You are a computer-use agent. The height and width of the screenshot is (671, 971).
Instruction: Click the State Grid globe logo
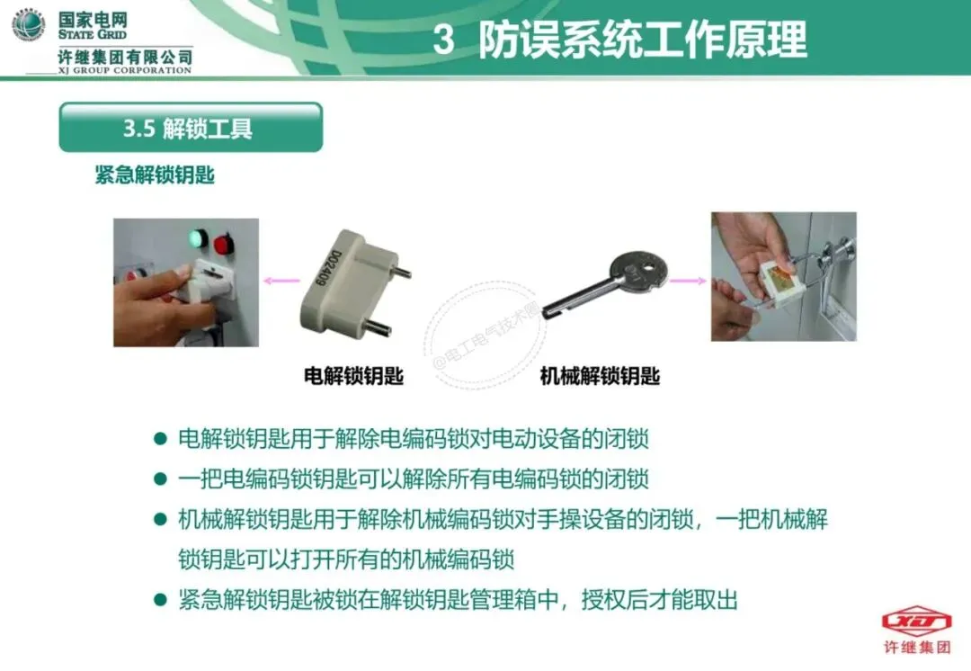pos(28,25)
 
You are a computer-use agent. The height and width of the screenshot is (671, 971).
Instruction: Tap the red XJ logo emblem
pos(916,621)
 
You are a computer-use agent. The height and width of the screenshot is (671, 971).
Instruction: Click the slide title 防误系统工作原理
pos(642,39)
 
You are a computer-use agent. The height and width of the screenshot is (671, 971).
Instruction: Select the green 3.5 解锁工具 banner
pos(191,127)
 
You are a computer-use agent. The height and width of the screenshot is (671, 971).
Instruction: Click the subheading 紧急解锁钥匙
pos(155,174)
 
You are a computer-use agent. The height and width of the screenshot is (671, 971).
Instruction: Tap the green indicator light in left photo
pos(198,237)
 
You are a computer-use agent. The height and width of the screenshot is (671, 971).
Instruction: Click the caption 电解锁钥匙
pos(353,375)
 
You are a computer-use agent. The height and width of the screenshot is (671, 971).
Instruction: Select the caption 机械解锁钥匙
pos(600,375)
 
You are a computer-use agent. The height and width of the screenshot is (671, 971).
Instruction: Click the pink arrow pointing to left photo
pos(281,281)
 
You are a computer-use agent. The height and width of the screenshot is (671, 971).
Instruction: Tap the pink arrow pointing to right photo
pos(688,281)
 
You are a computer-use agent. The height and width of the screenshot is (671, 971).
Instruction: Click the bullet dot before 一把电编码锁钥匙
pos(160,479)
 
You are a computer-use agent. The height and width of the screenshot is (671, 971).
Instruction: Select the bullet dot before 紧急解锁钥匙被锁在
pos(160,600)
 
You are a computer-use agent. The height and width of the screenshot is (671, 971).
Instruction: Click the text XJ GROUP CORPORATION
pos(125,70)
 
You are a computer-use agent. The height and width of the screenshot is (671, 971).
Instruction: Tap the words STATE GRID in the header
pos(93,35)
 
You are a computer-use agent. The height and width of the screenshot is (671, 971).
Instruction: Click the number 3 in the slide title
pos(443,39)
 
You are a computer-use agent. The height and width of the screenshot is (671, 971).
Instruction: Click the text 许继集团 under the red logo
pos(917,648)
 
